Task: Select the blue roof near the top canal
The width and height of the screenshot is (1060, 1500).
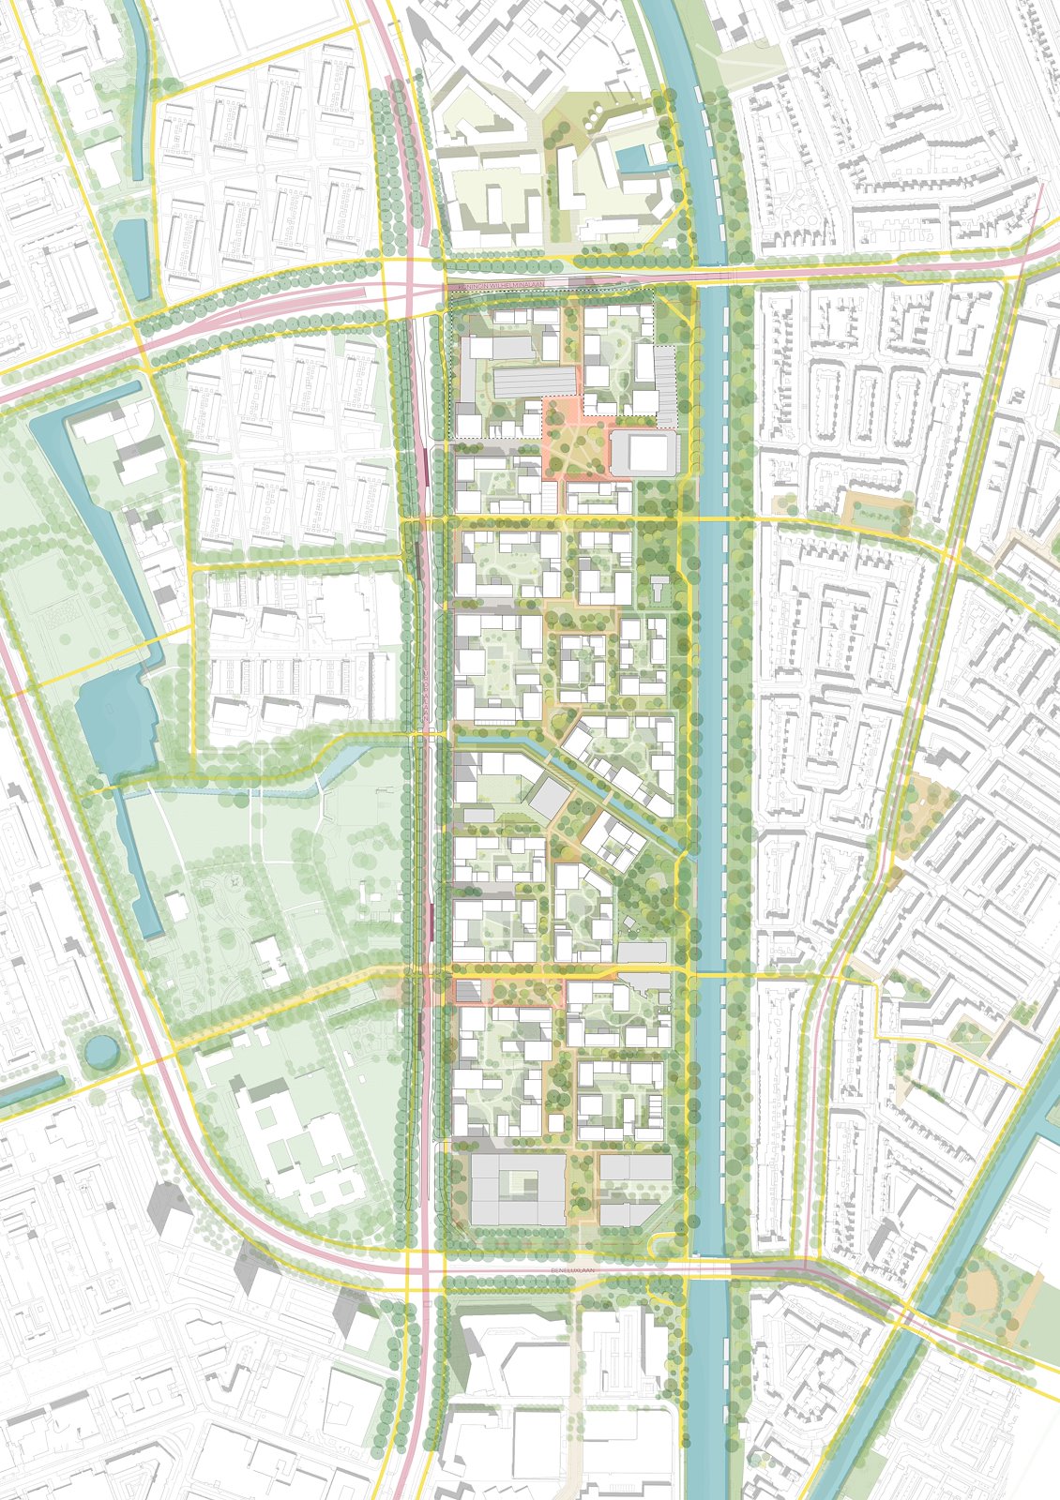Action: click(635, 160)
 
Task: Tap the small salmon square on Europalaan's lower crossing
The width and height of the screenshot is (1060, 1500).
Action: click(467, 990)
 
